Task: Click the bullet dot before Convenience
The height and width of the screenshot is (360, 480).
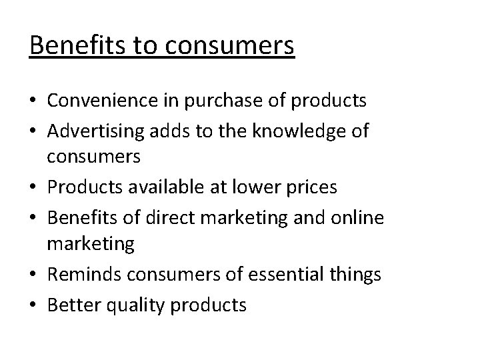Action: (x=33, y=102)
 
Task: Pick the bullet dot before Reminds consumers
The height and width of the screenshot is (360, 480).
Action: (x=33, y=275)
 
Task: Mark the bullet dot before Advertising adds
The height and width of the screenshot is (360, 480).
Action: (x=33, y=131)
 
